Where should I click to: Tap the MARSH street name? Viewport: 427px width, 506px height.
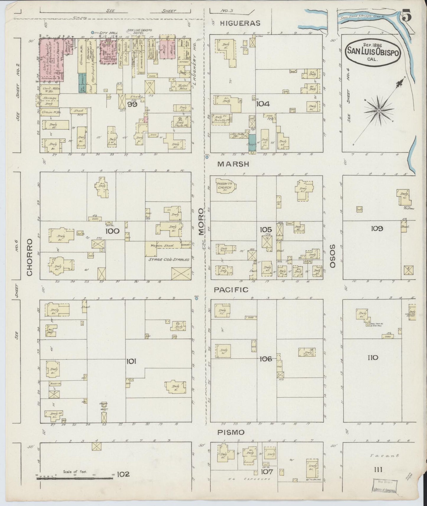(233, 164)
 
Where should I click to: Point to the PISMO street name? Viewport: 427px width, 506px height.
(231, 432)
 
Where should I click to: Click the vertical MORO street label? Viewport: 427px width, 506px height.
(201, 222)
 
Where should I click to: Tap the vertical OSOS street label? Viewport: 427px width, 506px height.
(333, 256)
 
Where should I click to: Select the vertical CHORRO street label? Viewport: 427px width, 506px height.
(29, 257)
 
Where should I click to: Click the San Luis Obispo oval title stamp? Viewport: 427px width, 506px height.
(373, 51)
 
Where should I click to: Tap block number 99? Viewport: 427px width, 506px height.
(132, 104)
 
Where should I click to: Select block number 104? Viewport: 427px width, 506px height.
(263, 104)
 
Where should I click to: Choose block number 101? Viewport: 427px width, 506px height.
(131, 361)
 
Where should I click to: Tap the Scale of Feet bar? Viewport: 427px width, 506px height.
(75, 478)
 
